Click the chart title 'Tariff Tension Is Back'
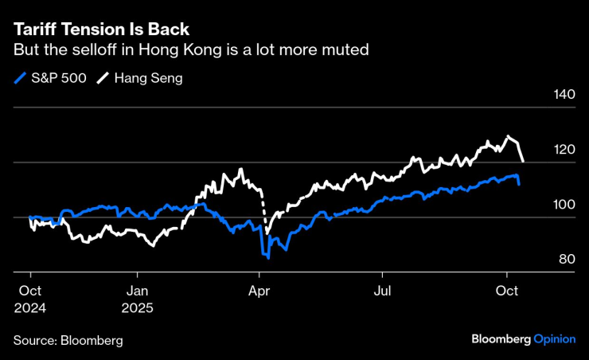tap(101, 29)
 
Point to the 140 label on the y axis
tap(563, 95)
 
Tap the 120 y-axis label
tap(563, 150)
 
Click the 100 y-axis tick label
tap(563, 205)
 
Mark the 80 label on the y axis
tap(564, 259)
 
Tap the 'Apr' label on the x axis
tap(259, 292)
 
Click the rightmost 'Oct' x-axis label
tap(507, 292)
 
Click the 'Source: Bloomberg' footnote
tap(68, 340)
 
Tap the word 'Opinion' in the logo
tap(554, 338)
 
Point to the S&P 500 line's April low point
tap(268, 258)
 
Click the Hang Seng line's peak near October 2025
tap(507, 137)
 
